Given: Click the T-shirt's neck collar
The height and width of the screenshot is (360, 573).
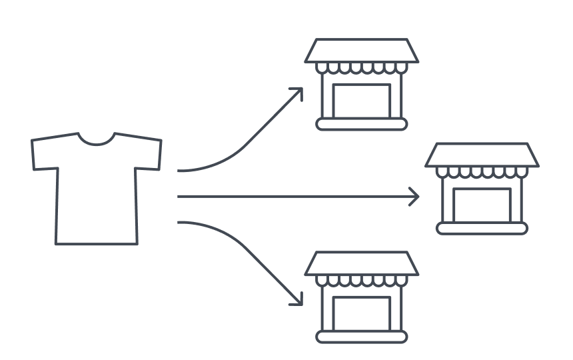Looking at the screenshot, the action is pyautogui.click(x=97, y=141).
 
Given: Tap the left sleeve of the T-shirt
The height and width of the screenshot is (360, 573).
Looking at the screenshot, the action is pyautogui.click(x=43, y=153).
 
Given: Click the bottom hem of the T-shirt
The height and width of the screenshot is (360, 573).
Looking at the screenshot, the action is pyautogui.click(x=97, y=244).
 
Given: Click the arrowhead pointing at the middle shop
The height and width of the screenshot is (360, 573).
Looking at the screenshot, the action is pyautogui.click(x=415, y=197).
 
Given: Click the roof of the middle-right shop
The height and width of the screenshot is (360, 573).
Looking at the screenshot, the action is pyautogui.click(x=482, y=155).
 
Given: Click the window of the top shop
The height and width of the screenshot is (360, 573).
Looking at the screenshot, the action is pyautogui.click(x=362, y=99).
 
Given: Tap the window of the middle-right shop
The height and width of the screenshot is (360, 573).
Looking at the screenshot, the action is pyautogui.click(x=482, y=204).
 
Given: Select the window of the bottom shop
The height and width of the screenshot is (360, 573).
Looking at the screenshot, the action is pyautogui.click(x=362, y=313).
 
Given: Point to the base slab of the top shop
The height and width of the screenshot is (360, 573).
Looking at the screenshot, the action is pyautogui.click(x=362, y=124).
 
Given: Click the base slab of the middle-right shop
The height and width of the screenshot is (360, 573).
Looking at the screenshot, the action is pyautogui.click(x=482, y=229).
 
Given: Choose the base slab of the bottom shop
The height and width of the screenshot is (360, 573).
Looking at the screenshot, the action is pyautogui.click(x=362, y=337).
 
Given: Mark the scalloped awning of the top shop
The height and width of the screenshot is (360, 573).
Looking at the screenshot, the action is pyautogui.click(x=362, y=68).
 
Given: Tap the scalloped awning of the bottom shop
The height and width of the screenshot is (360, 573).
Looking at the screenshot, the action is pyautogui.click(x=362, y=281).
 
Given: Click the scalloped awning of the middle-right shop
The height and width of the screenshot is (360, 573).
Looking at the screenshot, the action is pyautogui.click(x=482, y=173).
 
